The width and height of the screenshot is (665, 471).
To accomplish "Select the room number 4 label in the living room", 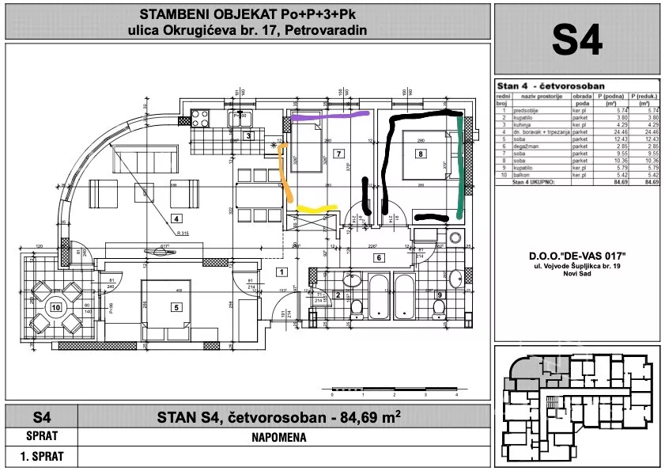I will [177, 218].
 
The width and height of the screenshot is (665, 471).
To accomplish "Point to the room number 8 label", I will [421, 154].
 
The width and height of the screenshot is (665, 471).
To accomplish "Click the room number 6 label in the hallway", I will [379, 258].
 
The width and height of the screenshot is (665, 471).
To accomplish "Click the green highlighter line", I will [461, 167].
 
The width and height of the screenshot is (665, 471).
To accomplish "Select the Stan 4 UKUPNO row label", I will [524, 182].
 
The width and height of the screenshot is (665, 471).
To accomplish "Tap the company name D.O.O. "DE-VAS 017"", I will [576, 255].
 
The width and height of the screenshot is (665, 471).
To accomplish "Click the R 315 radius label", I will [184, 234].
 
